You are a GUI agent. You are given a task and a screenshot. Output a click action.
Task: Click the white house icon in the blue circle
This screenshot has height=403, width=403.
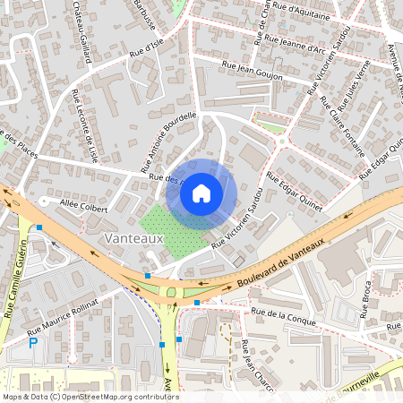201,193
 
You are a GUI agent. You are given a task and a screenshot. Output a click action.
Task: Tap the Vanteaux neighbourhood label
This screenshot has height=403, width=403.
133,239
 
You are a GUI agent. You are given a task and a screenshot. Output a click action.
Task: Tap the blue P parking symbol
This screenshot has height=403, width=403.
33,343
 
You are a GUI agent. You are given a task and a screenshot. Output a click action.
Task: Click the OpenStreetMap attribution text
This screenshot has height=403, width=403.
90,396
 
